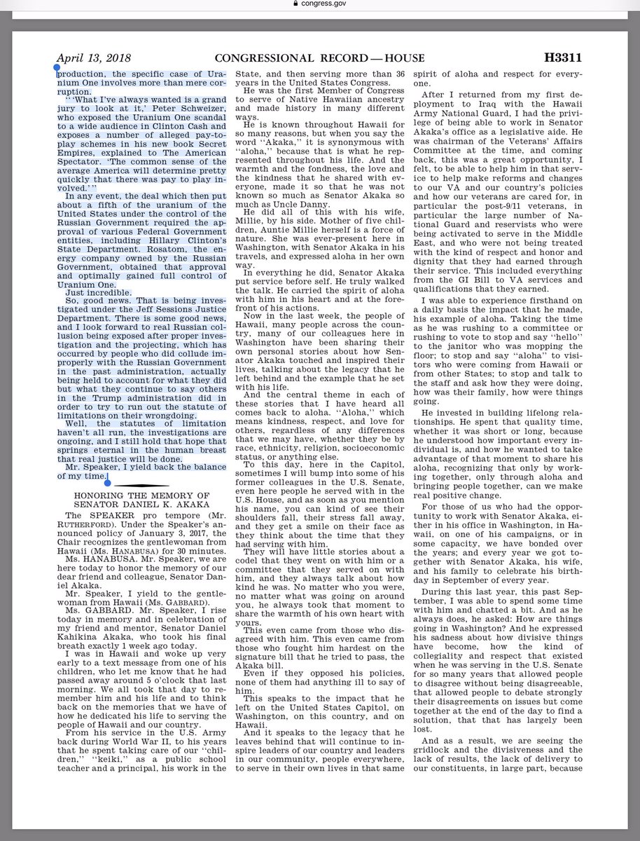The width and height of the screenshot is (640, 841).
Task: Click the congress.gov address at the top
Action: [x=326, y=6]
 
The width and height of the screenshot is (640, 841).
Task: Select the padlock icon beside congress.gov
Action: [x=298, y=6]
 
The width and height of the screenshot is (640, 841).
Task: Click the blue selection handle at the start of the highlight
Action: [x=57, y=69]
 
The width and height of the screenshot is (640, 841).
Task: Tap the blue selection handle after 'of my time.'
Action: [x=107, y=480]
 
